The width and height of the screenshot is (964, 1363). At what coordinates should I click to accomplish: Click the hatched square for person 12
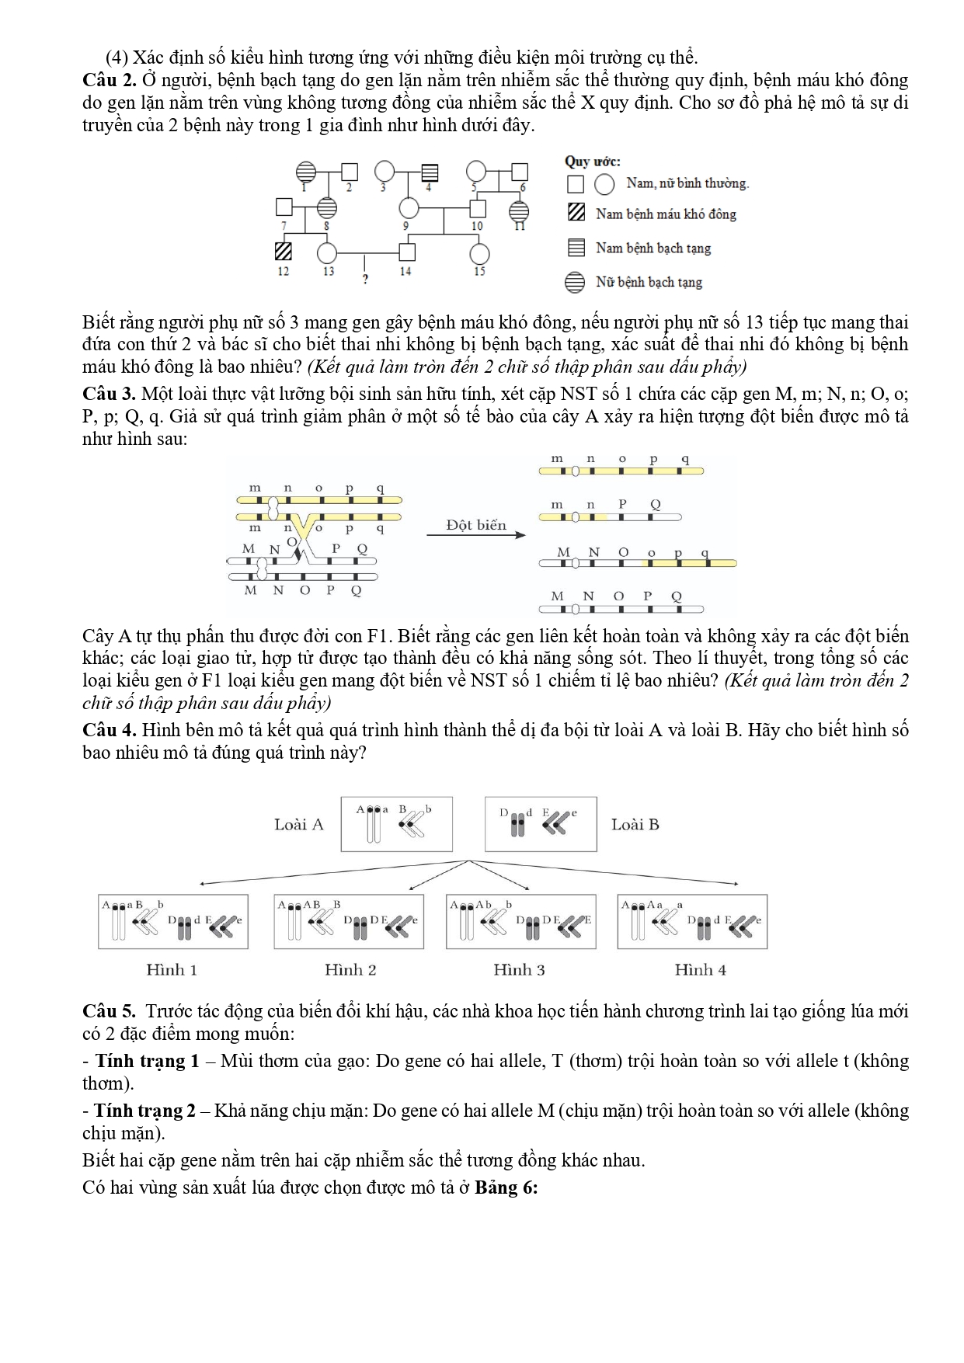coord(284,252)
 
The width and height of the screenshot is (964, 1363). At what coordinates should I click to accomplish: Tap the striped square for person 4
coord(430,172)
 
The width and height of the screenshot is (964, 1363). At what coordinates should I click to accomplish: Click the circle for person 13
coord(328,252)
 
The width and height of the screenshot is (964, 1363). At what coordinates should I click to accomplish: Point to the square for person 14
coord(406,252)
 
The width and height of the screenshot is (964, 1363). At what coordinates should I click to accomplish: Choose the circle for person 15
coord(480,253)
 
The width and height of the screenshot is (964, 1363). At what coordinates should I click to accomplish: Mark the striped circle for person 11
coord(519,210)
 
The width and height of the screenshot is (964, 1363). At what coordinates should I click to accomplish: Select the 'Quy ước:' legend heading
coord(592,162)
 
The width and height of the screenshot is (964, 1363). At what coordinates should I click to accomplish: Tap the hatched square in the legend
coord(576,214)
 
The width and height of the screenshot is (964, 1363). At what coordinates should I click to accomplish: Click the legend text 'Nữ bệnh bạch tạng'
coord(649,282)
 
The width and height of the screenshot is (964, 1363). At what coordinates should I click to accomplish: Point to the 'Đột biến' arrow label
coord(475,525)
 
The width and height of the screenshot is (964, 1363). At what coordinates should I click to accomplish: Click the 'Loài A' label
coord(298,825)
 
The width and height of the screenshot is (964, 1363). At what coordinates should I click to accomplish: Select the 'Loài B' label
coord(635,825)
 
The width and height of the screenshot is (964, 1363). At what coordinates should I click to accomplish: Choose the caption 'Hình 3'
coord(519,969)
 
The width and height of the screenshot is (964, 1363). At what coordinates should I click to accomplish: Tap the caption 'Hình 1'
coord(172,969)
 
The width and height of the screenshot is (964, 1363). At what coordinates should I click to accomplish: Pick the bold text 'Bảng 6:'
coord(506,1188)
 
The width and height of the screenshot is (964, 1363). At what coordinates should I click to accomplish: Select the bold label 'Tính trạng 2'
coord(144,1111)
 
